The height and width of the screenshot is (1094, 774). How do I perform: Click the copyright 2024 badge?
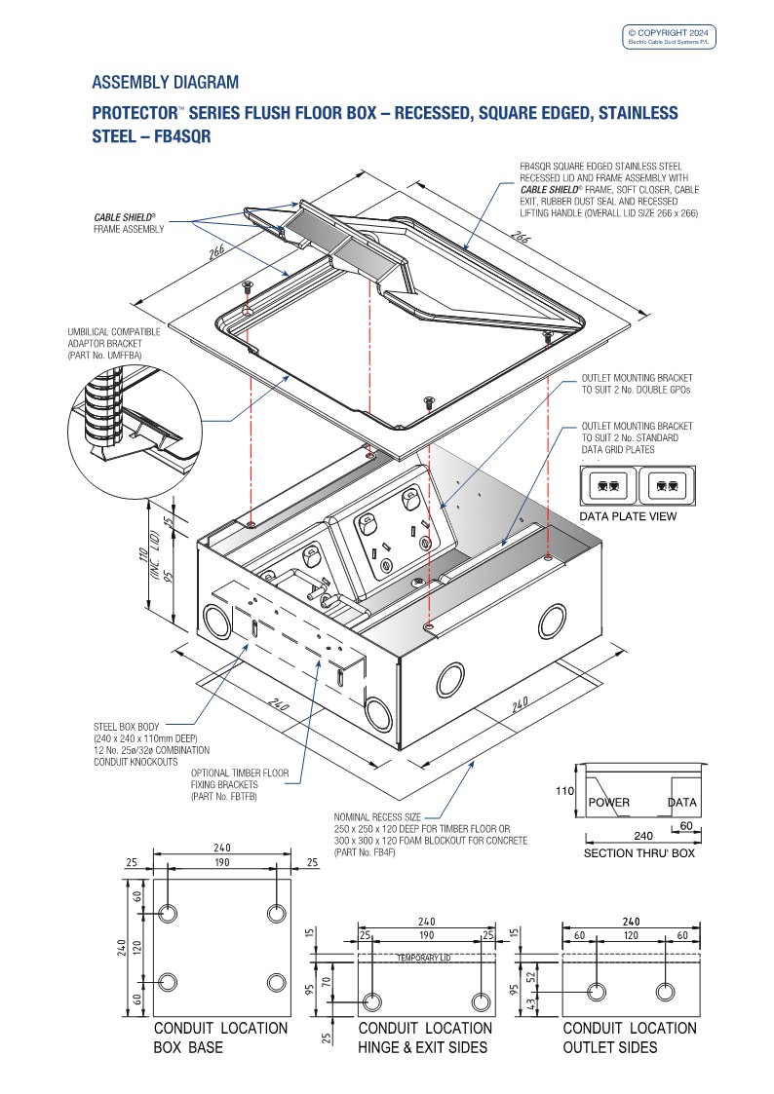tap(669, 37)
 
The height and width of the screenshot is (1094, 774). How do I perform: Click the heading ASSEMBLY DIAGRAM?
tap(165, 82)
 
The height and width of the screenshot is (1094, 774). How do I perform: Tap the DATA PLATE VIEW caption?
tap(628, 516)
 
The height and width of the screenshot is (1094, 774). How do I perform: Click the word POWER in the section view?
tap(609, 803)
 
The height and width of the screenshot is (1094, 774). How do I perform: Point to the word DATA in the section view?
tap(683, 803)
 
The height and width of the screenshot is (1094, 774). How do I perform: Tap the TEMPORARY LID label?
tap(426, 959)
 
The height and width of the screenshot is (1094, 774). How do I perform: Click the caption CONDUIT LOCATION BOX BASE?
tap(220, 1037)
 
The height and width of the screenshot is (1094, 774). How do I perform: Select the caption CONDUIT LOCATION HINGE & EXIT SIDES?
tap(425, 1037)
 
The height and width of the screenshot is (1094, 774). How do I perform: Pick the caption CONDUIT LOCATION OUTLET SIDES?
tap(630, 1037)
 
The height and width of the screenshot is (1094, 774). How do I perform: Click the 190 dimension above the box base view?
tap(220, 863)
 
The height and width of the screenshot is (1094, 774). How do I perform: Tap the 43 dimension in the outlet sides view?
tap(531, 1003)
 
